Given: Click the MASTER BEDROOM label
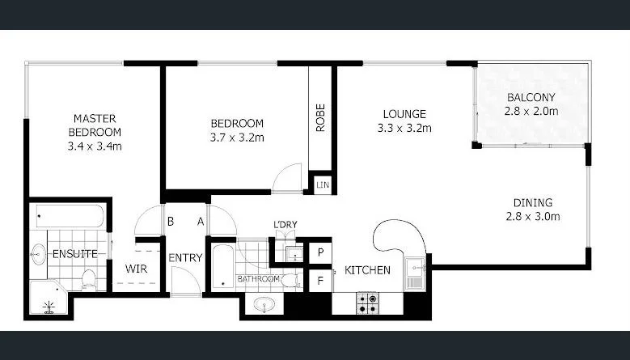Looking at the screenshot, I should point(95,125).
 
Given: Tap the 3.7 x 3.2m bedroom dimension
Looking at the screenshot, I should point(237,138).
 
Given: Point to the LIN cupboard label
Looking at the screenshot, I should point(321,185).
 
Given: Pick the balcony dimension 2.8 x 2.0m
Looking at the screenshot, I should point(532,112).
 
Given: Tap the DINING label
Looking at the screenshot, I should point(532,202).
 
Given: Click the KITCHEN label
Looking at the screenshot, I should point(367,269).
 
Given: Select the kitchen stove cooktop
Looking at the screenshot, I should point(367,303).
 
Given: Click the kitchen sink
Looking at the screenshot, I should point(416,271).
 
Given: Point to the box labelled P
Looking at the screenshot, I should point(320,252).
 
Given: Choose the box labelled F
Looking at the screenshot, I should point(320,280).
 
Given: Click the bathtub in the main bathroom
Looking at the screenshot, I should point(222,265).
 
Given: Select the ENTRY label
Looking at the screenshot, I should point(185,258).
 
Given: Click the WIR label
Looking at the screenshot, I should point(134,269).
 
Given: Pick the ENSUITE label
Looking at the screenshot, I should point(75,254).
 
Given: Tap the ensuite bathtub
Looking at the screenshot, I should point(68,216).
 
